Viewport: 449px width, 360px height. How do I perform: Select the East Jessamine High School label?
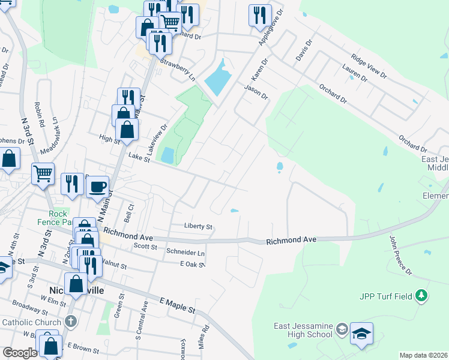tap(303, 330)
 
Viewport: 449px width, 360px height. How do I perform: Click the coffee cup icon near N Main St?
tap(97, 186)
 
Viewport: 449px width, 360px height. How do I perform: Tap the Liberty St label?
tap(199, 227)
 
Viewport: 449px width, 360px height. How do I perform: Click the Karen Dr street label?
tap(259, 70)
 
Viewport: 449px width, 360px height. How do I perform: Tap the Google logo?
tap(20, 353)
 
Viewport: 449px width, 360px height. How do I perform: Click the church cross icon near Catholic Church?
tap(70, 322)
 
